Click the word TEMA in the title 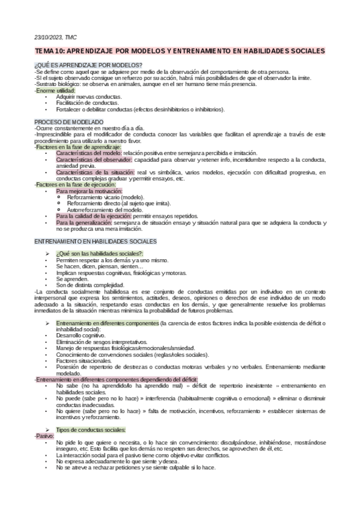[44, 52]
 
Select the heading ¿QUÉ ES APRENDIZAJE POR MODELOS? [88, 65]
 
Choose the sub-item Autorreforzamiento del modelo [105, 209]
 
